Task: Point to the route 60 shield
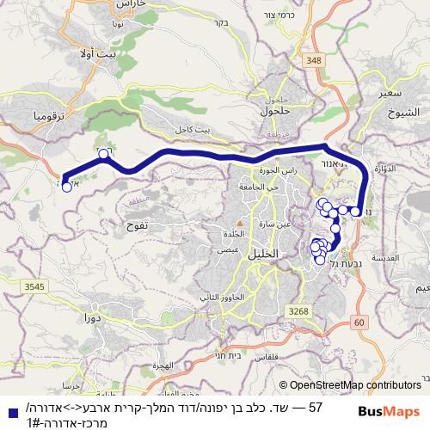(x=359, y=322)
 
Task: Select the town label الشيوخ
(x=403, y=112)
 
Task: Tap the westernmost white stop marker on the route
(x=66, y=186)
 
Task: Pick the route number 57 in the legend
(x=314, y=405)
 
